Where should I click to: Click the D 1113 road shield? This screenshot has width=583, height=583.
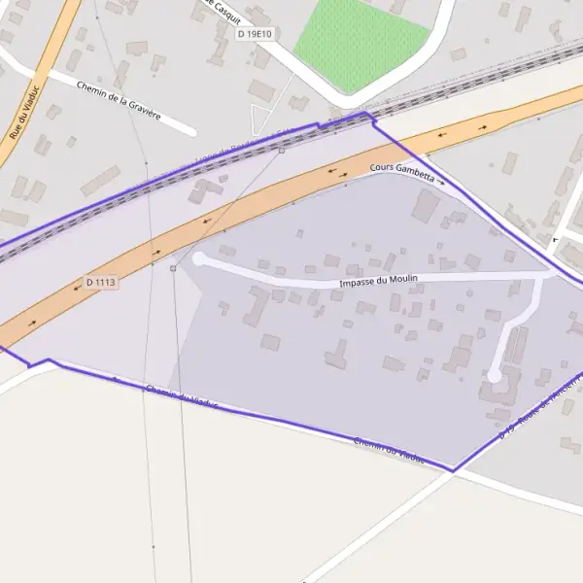100,282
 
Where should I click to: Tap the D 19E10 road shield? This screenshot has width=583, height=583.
254,34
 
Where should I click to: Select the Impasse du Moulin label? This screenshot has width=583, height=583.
379,281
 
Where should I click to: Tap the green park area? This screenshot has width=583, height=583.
360,44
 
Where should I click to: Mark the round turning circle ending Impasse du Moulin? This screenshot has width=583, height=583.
199,258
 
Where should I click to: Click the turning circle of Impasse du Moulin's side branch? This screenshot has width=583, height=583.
495,375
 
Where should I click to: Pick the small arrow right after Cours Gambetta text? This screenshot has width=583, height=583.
441,181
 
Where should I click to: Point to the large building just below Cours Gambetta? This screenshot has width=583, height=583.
425,205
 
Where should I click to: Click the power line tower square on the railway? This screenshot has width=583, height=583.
282,151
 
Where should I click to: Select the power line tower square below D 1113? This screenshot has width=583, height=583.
173,268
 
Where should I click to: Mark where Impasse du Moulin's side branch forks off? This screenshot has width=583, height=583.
540,276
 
